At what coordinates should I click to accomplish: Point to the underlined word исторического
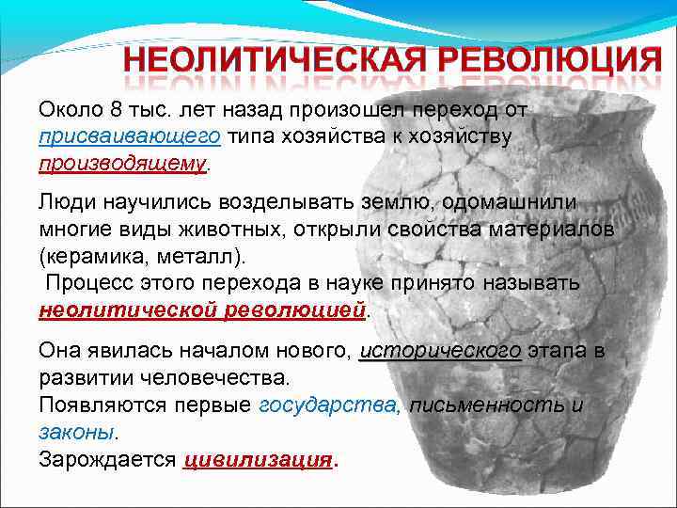pos(440,351)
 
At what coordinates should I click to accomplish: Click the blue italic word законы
pos(76,433)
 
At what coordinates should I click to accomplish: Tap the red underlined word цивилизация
pos(259,460)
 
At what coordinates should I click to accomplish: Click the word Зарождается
pos(107,460)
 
